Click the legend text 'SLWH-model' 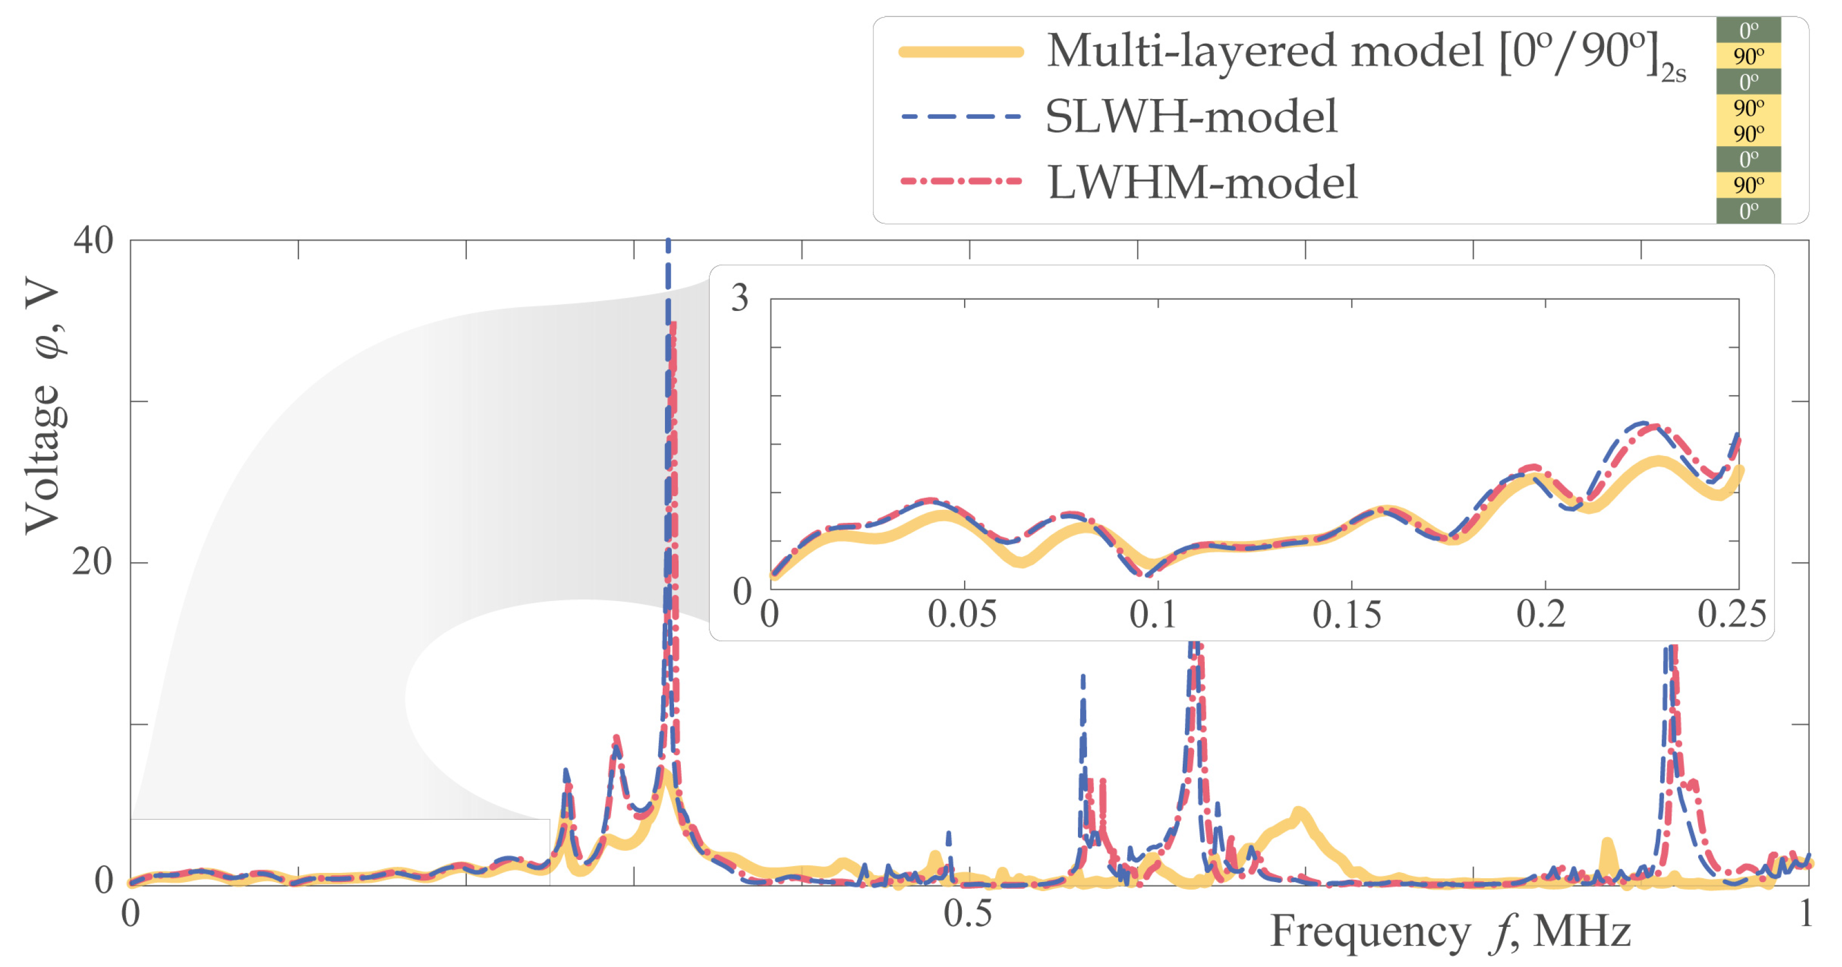(1191, 117)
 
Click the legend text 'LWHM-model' (1202, 182)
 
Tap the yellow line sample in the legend (960, 52)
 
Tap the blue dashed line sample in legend (960, 117)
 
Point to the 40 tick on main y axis (93, 240)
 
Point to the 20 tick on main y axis (93, 562)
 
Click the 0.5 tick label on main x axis (967, 913)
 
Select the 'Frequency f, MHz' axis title (1450, 932)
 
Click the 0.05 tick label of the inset (962, 615)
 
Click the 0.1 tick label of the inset (1153, 615)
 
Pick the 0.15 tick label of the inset (1347, 615)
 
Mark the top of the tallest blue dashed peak (668, 243)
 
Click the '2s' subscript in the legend (1673, 73)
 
